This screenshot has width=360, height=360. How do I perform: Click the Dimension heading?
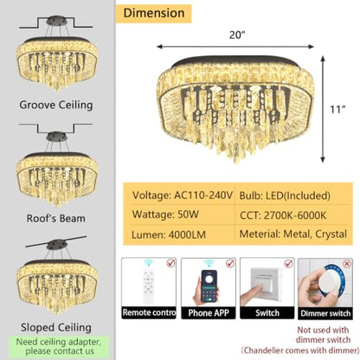154,13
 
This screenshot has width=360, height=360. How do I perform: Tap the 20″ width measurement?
237,35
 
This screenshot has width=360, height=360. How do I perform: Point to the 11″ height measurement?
337,109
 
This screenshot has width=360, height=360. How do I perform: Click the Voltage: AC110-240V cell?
183,196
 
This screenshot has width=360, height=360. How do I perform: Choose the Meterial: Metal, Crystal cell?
293,234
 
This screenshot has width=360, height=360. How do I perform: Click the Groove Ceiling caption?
56,105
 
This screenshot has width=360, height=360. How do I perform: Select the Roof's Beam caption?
56,218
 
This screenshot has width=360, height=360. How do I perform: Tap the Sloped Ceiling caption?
56,327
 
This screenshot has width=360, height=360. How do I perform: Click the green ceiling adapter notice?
59,346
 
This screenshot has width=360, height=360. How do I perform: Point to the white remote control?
149,286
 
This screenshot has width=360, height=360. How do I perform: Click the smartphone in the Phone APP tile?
209,286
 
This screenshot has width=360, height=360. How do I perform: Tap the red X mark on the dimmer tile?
347,264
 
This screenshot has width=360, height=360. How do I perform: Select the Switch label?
267,313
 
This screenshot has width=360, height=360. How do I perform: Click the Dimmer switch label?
325,313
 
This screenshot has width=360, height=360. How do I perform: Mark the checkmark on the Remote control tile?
171,262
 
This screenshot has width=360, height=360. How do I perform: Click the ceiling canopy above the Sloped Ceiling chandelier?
57,245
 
